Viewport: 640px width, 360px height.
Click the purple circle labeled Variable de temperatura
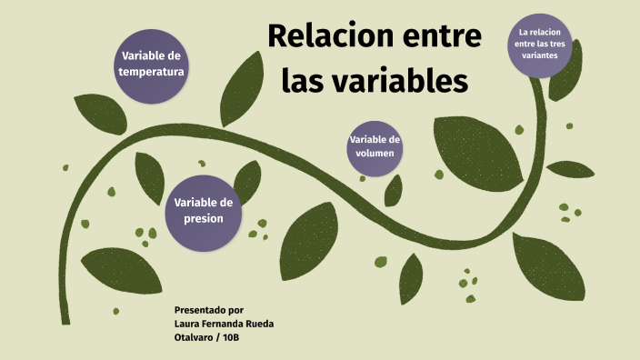[152, 63]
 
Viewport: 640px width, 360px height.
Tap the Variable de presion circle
[204, 211]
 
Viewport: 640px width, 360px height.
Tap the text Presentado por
[208, 310]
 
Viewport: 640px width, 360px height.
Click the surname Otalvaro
[195, 338]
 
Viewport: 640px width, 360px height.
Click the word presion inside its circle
[204, 219]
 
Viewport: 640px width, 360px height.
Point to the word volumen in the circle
[375, 155]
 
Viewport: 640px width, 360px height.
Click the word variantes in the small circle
[540, 55]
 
